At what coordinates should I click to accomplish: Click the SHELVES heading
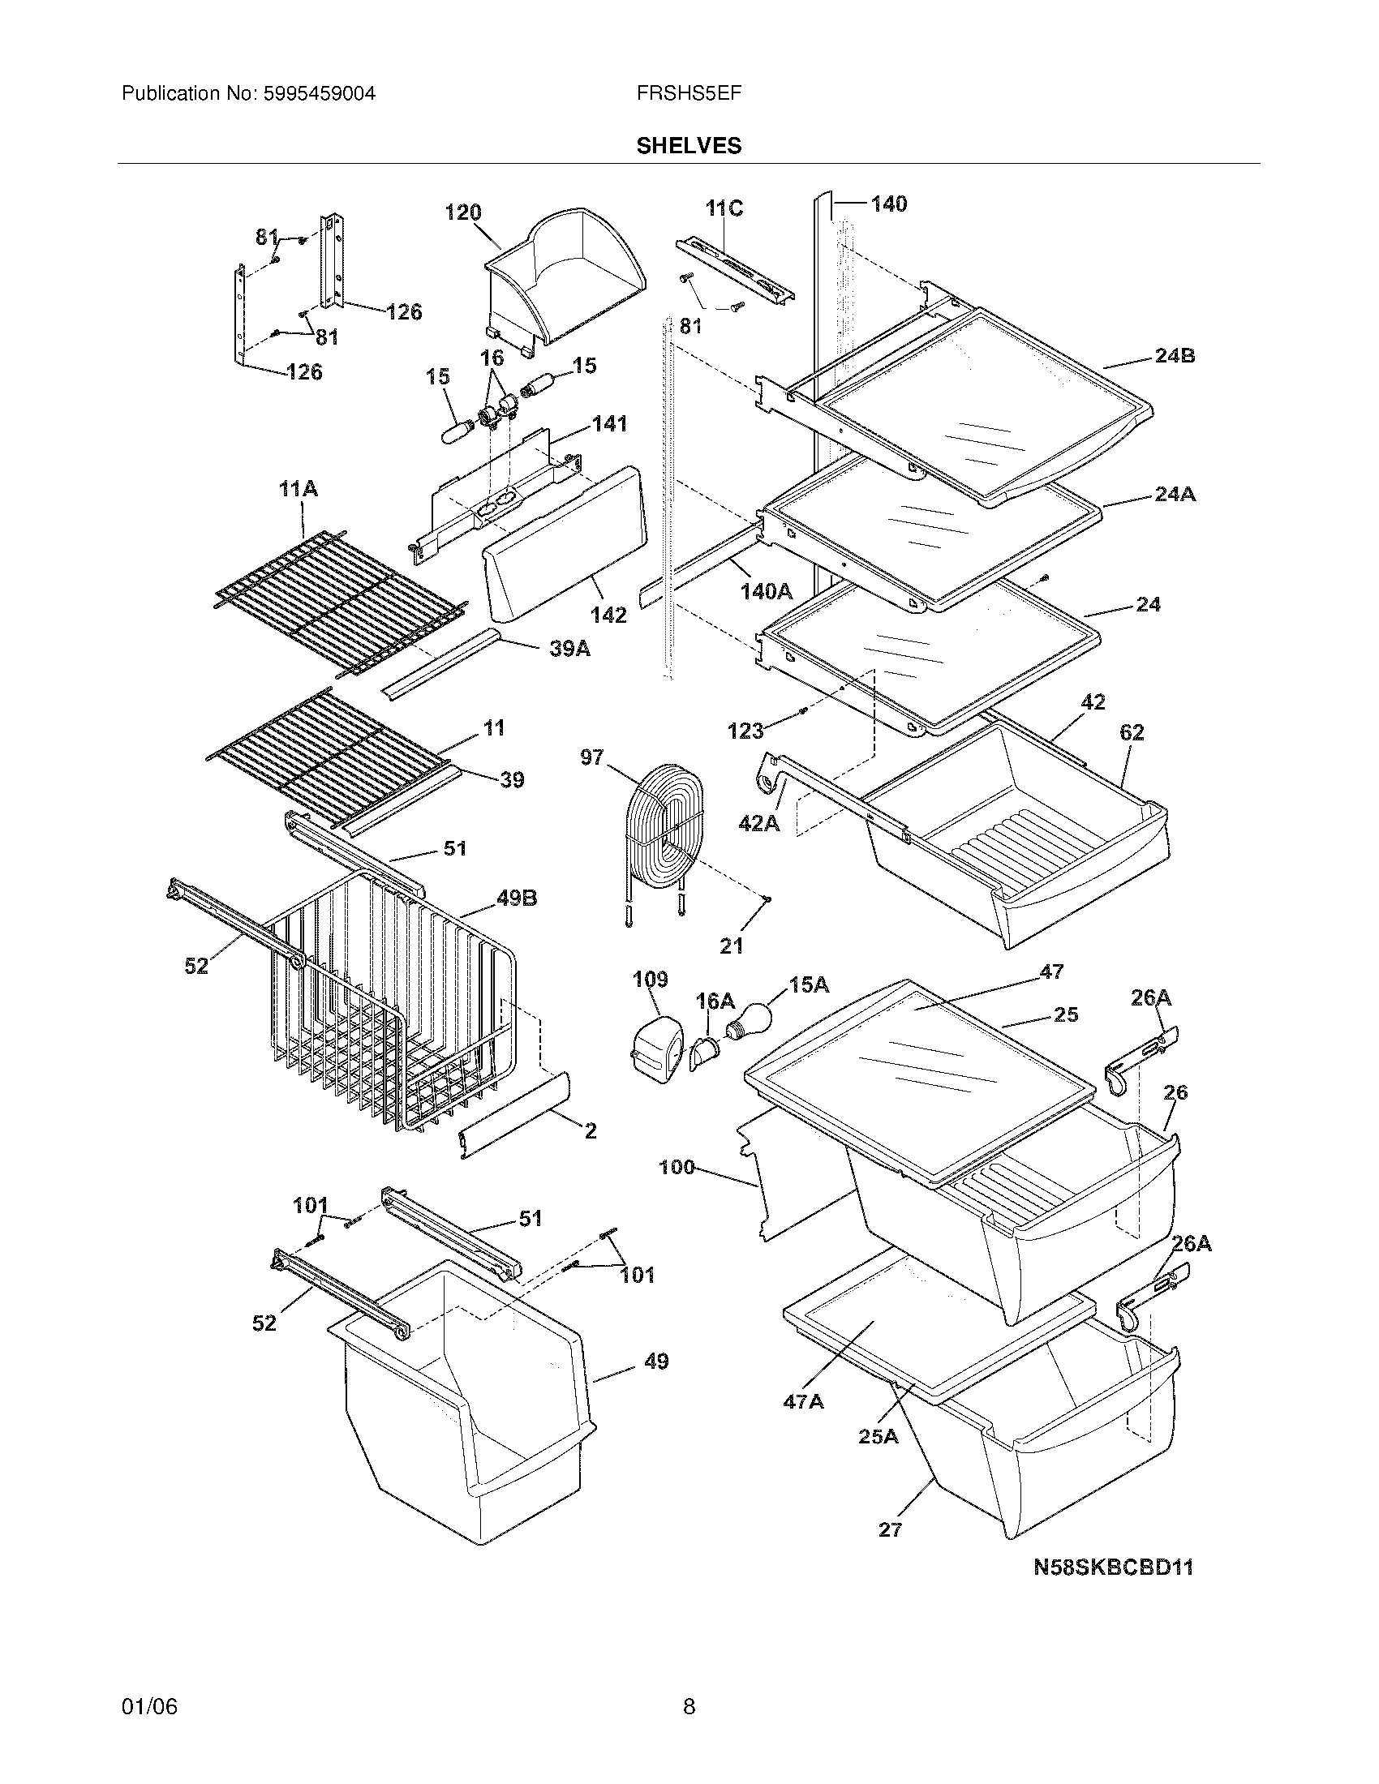click(689, 146)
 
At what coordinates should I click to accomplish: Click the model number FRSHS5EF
click(689, 94)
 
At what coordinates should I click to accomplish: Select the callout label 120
click(462, 212)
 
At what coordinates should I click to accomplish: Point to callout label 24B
click(1175, 356)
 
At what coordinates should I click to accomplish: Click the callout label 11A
click(299, 489)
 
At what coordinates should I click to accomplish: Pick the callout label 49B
click(516, 898)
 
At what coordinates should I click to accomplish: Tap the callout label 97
click(592, 757)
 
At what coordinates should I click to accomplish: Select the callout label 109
click(650, 979)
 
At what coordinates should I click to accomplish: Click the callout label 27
click(890, 1529)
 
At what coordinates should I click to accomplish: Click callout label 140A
click(767, 590)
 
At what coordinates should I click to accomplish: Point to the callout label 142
click(608, 615)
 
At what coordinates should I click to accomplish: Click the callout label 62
click(1132, 733)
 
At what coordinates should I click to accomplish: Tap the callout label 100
click(677, 1167)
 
